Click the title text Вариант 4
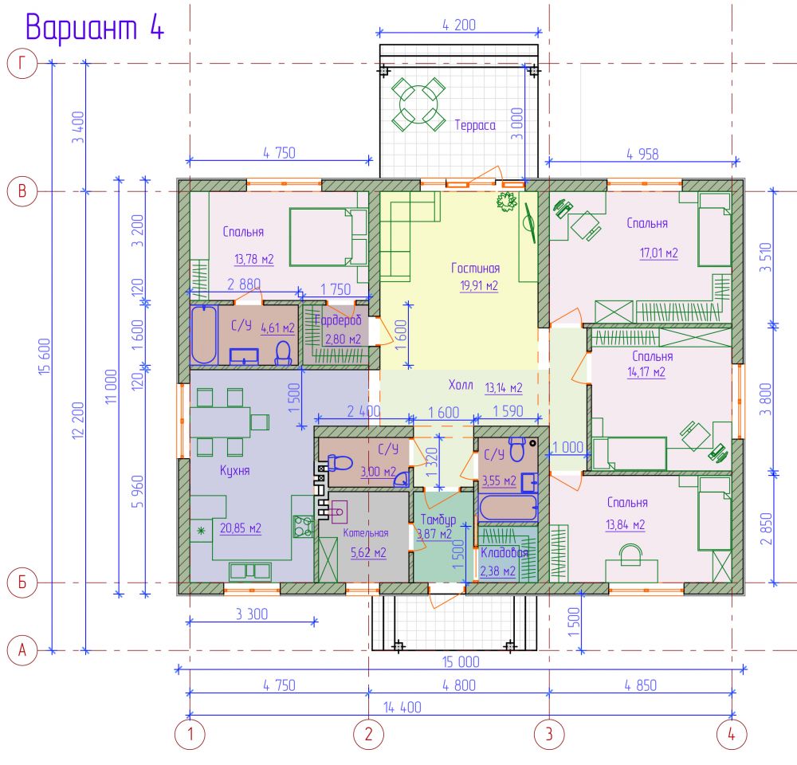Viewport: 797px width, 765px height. (x=95, y=26)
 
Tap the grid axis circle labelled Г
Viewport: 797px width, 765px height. (x=22, y=63)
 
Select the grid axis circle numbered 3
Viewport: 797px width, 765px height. (x=549, y=734)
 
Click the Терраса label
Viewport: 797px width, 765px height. (x=475, y=125)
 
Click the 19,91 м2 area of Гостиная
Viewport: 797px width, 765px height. (x=479, y=285)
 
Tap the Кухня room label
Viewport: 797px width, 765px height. (x=235, y=470)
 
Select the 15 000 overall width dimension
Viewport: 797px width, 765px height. (x=461, y=662)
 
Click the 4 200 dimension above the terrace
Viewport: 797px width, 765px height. (x=459, y=25)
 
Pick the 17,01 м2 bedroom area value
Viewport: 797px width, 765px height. (x=659, y=253)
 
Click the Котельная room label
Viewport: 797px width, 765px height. (x=366, y=532)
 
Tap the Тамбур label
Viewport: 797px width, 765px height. (x=438, y=520)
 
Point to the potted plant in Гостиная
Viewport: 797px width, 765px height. (x=507, y=202)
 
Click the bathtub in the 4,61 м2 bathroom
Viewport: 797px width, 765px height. (x=204, y=335)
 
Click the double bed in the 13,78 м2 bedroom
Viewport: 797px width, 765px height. (x=328, y=237)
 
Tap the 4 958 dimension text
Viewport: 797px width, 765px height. (x=642, y=154)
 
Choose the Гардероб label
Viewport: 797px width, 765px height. (x=338, y=320)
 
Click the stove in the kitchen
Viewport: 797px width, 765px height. (x=303, y=527)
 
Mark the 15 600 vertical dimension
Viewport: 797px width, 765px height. (x=45, y=357)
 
